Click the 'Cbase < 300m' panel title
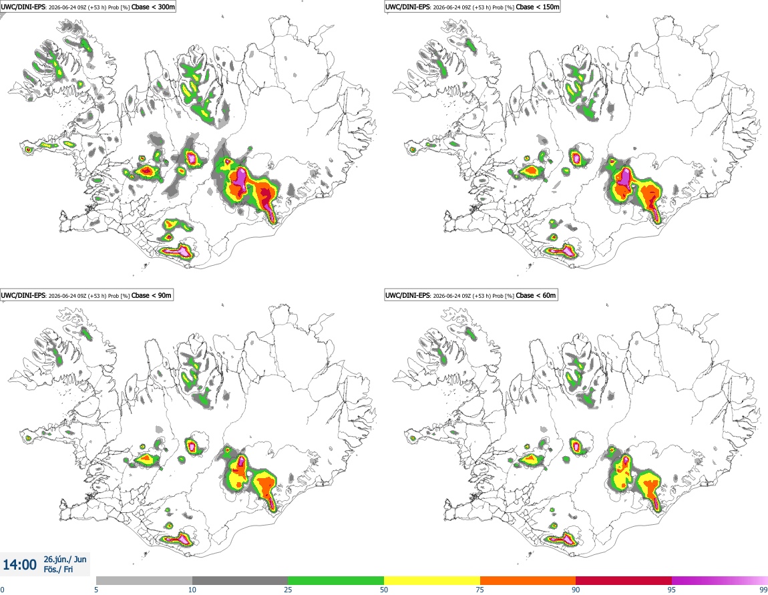pyautogui.click(x=154, y=7)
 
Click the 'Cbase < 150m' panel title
pyautogui.click(x=538, y=7)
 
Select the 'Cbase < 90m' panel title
pyautogui.click(x=152, y=295)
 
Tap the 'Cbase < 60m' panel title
pyautogui.click(x=536, y=295)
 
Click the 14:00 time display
pyautogui.click(x=19, y=565)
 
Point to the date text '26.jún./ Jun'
pyautogui.click(x=65, y=559)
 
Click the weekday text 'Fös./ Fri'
pyautogui.click(x=58, y=570)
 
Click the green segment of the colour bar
pyautogui.click(x=336, y=580)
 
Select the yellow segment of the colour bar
pyautogui.click(x=432, y=580)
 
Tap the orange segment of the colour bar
pyautogui.click(x=528, y=580)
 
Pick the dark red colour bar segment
pyautogui.click(x=624, y=580)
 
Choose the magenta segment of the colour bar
pyautogui.click(x=720, y=580)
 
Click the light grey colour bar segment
pyautogui.click(x=144, y=580)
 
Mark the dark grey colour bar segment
pyautogui.click(x=240, y=580)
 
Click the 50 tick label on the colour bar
pyautogui.click(x=384, y=590)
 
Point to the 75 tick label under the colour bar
pyautogui.click(x=480, y=590)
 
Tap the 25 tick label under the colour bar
pyautogui.click(x=288, y=590)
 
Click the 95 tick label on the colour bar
pyautogui.click(x=672, y=590)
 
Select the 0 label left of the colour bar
pyautogui.click(x=2, y=590)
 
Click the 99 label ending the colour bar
pyautogui.click(x=763, y=590)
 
